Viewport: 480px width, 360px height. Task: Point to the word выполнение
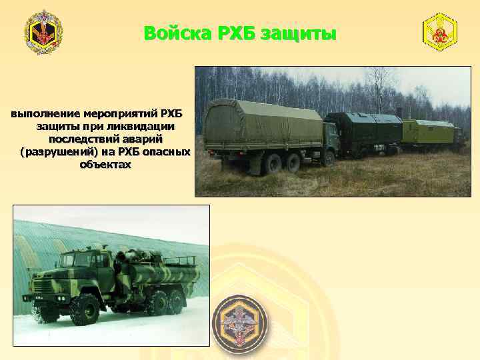click(x=44, y=113)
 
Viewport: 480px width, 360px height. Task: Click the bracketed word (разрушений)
click(x=58, y=151)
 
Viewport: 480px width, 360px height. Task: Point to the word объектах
click(x=105, y=164)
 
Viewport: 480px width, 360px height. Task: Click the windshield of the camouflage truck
click(x=69, y=263)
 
